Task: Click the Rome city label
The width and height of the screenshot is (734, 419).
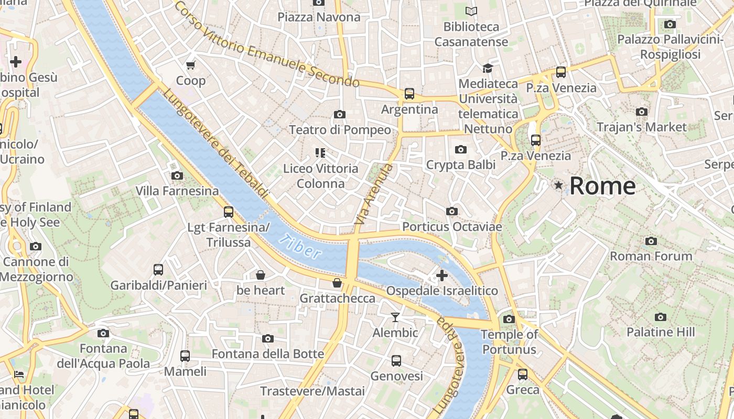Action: (x=602, y=186)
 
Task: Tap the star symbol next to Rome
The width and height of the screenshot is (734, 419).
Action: (x=559, y=185)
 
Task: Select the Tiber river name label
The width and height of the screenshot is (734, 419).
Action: (x=300, y=247)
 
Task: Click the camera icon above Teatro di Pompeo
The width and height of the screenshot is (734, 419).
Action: (x=339, y=114)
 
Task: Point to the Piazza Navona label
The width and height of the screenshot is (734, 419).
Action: (x=319, y=17)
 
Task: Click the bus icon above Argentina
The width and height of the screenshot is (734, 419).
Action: (x=409, y=94)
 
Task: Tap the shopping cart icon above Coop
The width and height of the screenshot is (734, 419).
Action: (x=190, y=65)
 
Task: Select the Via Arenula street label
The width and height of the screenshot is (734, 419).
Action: (x=373, y=195)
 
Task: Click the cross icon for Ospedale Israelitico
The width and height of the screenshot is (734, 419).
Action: (x=441, y=275)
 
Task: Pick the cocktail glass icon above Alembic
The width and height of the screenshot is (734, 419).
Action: (x=395, y=317)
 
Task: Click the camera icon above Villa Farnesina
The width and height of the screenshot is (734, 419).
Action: (x=177, y=175)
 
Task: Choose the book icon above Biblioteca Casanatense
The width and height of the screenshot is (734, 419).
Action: (x=471, y=11)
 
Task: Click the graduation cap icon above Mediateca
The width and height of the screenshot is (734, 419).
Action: (x=488, y=68)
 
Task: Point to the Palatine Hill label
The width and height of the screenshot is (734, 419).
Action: (x=661, y=332)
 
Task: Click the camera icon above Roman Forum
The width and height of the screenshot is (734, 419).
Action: (x=651, y=241)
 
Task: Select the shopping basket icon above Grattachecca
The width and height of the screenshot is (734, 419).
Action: (x=337, y=283)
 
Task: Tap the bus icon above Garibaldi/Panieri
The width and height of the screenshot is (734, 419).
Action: (x=158, y=270)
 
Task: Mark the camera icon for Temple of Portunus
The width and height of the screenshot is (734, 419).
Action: (x=509, y=319)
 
